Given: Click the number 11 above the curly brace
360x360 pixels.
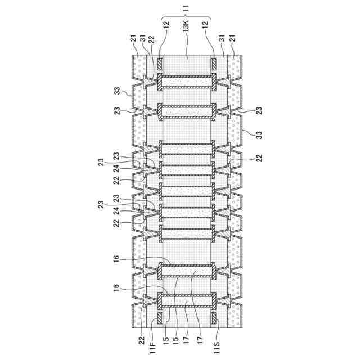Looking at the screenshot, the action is (187, 8).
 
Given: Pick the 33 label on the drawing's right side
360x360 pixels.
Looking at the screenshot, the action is (246, 136).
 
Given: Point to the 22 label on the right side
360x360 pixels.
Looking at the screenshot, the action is (260, 159).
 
